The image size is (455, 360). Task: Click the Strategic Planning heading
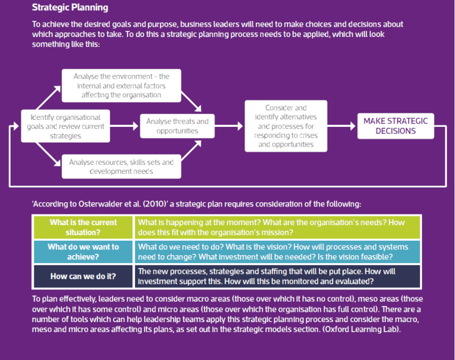click(x=70, y=7)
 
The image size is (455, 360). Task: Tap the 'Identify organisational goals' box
click(x=66, y=126)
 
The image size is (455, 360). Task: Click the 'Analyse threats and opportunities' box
click(x=177, y=126)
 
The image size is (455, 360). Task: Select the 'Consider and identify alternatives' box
click(x=286, y=126)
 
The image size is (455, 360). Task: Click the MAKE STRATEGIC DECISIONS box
click(x=396, y=126)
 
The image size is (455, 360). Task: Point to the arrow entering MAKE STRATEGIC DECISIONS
click(x=342, y=126)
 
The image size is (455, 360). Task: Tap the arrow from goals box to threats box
click(x=125, y=126)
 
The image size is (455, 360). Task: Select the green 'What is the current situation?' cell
click(x=83, y=227)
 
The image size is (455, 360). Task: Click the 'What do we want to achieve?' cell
click(x=83, y=252)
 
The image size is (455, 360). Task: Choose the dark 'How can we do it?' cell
click(x=83, y=277)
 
